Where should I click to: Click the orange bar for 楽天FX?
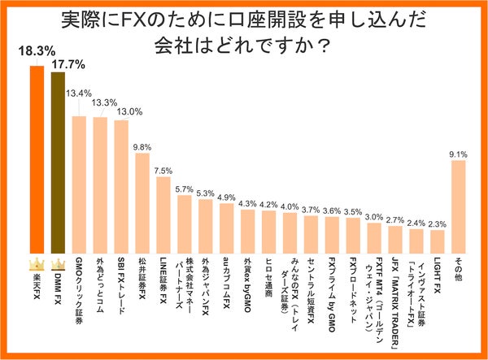pyautogui.click(x=37, y=158)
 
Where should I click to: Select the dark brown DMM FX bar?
pyautogui.click(x=58, y=163)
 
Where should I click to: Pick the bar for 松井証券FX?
pyautogui.click(x=142, y=203)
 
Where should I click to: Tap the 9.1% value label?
pyautogui.click(x=458, y=153)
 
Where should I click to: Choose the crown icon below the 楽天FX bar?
pyautogui.click(x=37, y=265)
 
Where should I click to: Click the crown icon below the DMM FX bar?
pyautogui.click(x=58, y=265)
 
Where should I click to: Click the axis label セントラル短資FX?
pyautogui.click(x=311, y=293)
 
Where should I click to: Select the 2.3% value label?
pyautogui.click(x=438, y=223)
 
